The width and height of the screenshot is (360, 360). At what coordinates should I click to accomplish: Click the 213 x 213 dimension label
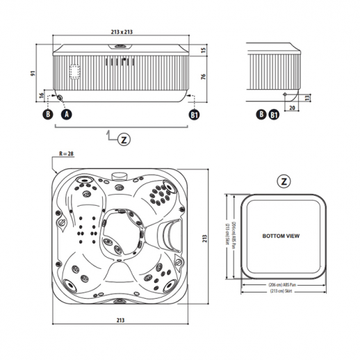(x=122, y=32)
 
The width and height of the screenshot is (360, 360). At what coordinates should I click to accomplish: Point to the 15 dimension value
(x=204, y=50)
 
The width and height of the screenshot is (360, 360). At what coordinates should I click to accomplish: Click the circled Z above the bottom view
(x=284, y=181)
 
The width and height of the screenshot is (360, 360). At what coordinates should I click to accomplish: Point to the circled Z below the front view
(x=123, y=139)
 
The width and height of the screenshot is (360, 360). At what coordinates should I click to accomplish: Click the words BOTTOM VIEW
(x=281, y=236)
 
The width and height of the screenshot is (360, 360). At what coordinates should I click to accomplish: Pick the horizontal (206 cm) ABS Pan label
(x=282, y=285)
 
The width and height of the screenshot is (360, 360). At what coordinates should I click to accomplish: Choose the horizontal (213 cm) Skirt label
(x=282, y=292)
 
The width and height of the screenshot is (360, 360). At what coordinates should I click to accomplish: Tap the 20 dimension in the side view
(x=291, y=108)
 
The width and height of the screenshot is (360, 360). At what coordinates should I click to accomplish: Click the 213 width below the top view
(x=120, y=321)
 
